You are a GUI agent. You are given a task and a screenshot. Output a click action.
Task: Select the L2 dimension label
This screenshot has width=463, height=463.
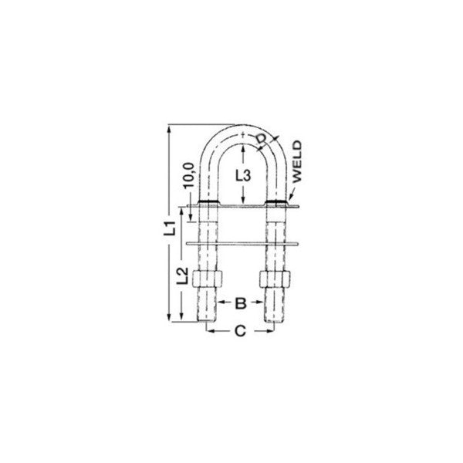tap(181, 275)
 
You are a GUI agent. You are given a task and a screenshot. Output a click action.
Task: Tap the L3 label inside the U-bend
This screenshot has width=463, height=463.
tap(242, 175)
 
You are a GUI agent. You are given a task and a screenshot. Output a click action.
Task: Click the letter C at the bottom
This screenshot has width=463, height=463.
tap(239, 333)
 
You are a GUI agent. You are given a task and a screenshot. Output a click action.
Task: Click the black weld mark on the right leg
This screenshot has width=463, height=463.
tap(276, 204)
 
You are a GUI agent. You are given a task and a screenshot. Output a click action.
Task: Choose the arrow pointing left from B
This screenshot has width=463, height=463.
tap(223, 303)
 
